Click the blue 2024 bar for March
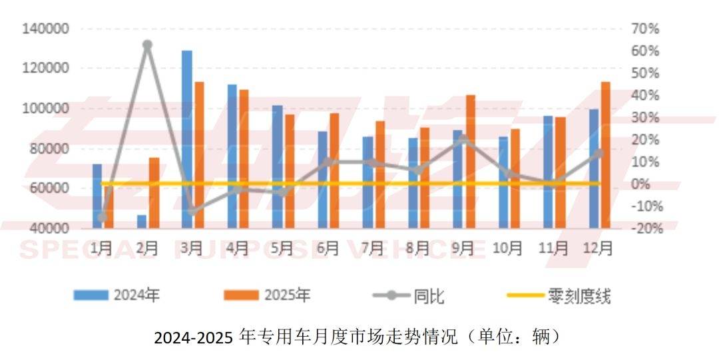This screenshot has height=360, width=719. point(187,140)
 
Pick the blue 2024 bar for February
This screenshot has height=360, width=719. point(142,222)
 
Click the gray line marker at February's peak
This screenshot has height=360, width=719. point(148,45)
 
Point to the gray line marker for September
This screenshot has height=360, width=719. point(465,140)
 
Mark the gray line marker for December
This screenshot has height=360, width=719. point(599,153)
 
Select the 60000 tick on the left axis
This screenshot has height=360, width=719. point(48,188)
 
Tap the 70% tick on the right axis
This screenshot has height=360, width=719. point(645,29)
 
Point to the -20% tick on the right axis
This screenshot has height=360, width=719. point(644,228)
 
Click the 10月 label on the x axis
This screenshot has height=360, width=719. point(507,249)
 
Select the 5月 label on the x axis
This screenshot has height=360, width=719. point(282,249)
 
